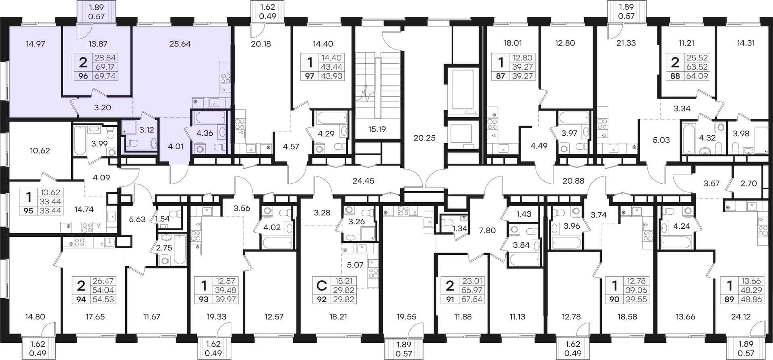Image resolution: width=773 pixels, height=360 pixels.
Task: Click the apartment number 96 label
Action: click(83, 76)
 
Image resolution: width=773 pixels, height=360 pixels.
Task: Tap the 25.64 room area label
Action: click(180, 44)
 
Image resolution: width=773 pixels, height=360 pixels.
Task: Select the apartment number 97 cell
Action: click(310, 76)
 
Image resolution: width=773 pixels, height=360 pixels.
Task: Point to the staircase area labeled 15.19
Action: click(377, 129)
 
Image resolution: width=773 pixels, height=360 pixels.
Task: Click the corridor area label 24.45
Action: click(363, 181)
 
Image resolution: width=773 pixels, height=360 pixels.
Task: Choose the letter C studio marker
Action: click(322, 286)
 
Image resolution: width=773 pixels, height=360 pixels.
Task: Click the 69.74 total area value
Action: click(105, 76)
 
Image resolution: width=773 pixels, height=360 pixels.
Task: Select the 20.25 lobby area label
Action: click(424, 138)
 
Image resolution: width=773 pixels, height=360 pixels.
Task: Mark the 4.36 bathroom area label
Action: click(205, 133)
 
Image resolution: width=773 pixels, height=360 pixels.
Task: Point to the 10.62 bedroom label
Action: click(40, 151)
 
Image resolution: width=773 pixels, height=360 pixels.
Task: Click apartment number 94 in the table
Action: click(81, 300)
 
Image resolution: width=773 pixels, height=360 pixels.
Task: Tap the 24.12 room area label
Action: click(741, 317)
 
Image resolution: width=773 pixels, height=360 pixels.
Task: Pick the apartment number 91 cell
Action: click(450, 300)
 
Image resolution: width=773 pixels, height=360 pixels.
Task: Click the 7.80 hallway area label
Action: click(487, 231)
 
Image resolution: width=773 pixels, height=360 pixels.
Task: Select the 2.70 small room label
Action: click(748, 184)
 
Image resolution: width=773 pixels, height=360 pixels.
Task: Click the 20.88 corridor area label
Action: click(573, 181)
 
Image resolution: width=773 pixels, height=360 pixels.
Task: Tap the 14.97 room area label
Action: click(35, 44)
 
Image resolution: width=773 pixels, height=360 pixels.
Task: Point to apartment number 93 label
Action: click(204, 300)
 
